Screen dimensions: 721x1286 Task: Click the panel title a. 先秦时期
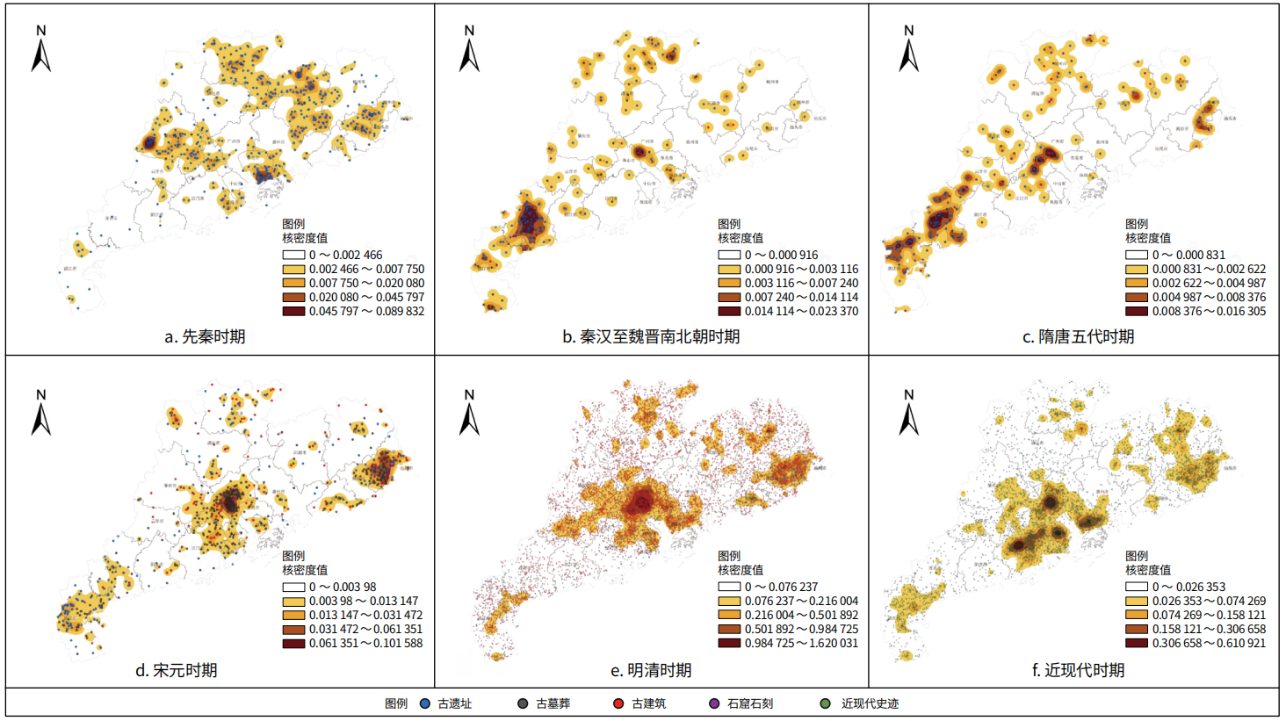205,337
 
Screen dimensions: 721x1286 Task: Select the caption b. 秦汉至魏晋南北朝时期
651,337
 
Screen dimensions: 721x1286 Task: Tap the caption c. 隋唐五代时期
1078,337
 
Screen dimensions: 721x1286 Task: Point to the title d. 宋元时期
176,670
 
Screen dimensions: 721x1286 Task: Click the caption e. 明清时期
651,670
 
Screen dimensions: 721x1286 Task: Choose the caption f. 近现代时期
1078,670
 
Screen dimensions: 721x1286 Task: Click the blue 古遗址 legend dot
425,703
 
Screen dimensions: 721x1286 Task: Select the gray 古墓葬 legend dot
523,703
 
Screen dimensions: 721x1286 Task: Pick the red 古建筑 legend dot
618,703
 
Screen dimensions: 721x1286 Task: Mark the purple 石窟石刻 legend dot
714,703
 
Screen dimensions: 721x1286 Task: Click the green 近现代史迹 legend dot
826,703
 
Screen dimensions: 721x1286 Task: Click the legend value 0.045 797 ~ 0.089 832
366,311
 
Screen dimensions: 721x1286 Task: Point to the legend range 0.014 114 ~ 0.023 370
801,311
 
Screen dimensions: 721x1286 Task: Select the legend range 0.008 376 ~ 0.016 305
1209,311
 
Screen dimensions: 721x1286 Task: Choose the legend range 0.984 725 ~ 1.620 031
801,643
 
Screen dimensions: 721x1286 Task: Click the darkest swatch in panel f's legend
1137,643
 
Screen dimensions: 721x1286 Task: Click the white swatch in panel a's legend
293,255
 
